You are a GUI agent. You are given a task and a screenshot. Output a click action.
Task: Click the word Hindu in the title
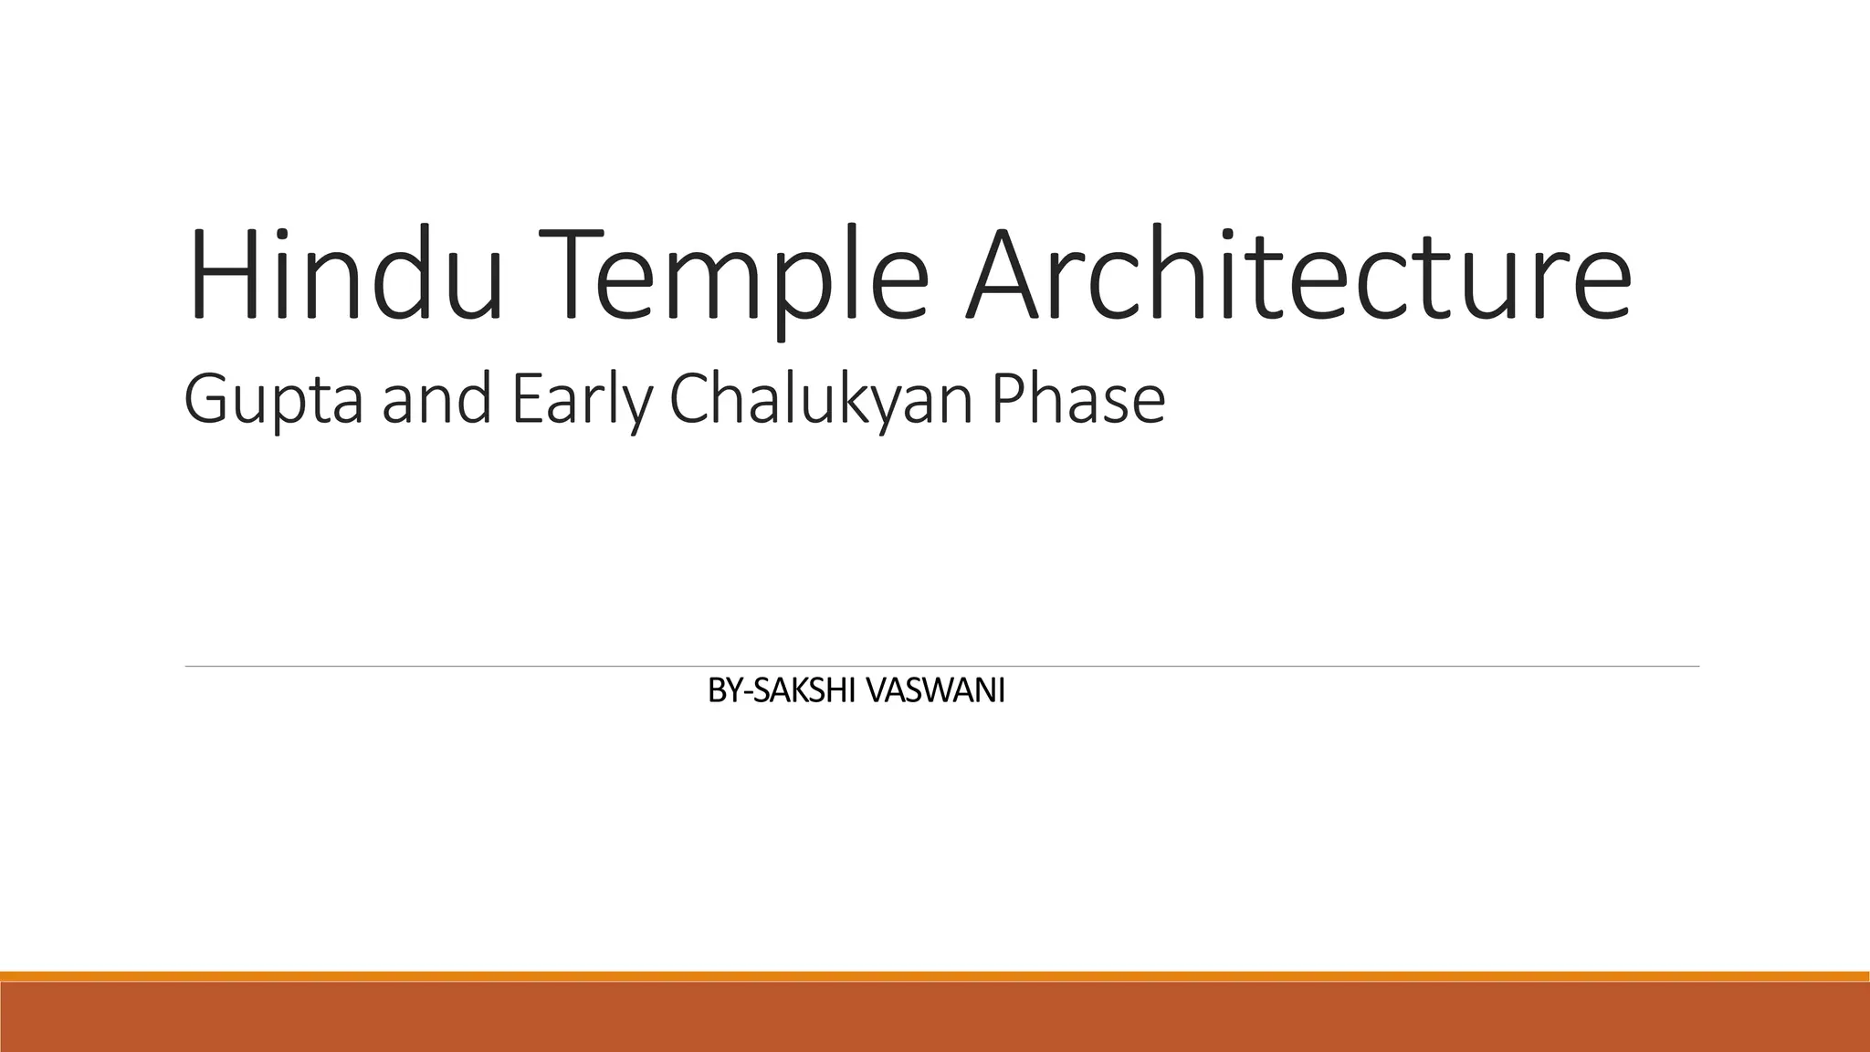pos(345,274)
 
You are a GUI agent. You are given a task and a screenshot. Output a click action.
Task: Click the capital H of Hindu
pos(218,274)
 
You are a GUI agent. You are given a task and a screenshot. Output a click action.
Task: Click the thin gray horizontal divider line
pos(941,667)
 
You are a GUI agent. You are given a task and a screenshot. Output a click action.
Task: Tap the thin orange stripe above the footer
pos(935,976)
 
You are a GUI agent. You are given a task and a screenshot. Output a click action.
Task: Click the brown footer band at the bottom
pos(935,1017)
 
